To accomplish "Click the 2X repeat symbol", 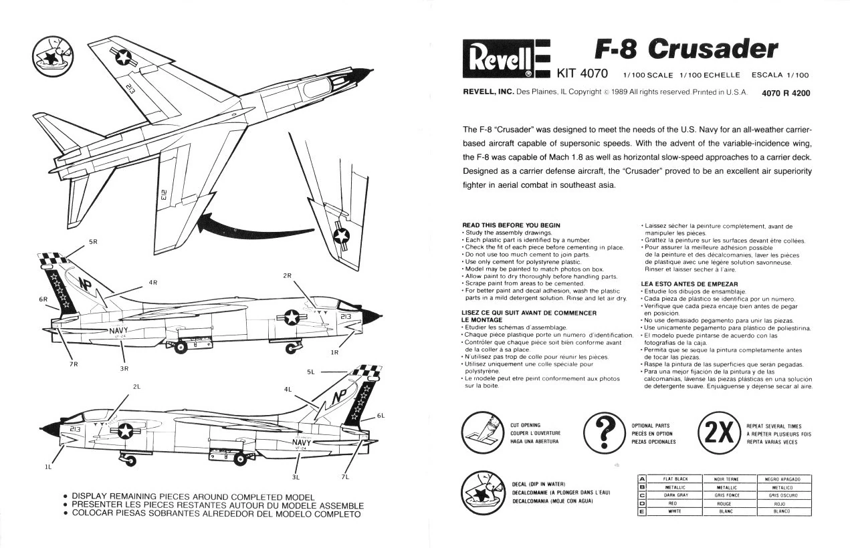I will [x=719, y=432].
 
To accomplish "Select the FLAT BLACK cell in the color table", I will [x=675, y=478].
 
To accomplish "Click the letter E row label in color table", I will [x=642, y=511].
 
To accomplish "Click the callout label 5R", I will [x=93, y=241].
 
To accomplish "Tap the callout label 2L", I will [x=136, y=386].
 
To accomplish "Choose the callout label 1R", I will [x=334, y=352].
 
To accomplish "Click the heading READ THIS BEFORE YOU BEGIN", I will [x=512, y=225].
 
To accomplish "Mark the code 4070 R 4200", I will [x=786, y=93].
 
